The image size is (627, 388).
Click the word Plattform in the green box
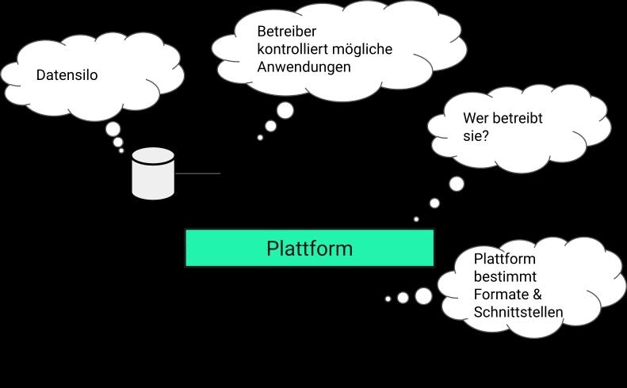click(x=309, y=248)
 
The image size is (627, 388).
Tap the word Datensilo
click(x=67, y=75)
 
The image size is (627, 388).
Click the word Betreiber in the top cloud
click(x=286, y=32)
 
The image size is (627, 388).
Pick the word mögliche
click(x=364, y=49)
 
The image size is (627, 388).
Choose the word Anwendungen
click(x=304, y=67)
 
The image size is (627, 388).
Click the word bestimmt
click(x=505, y=276)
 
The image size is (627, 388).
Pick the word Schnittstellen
click(x=518, y=312)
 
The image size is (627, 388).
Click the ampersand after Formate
click(x=537, y=295)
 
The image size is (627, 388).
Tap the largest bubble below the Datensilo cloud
click(x=113, y=129)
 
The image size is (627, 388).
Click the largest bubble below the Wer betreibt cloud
click(x=457, y=184)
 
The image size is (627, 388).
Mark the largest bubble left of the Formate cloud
click(x=424, y=296)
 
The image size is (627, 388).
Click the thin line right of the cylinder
click(x=197, y=173)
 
